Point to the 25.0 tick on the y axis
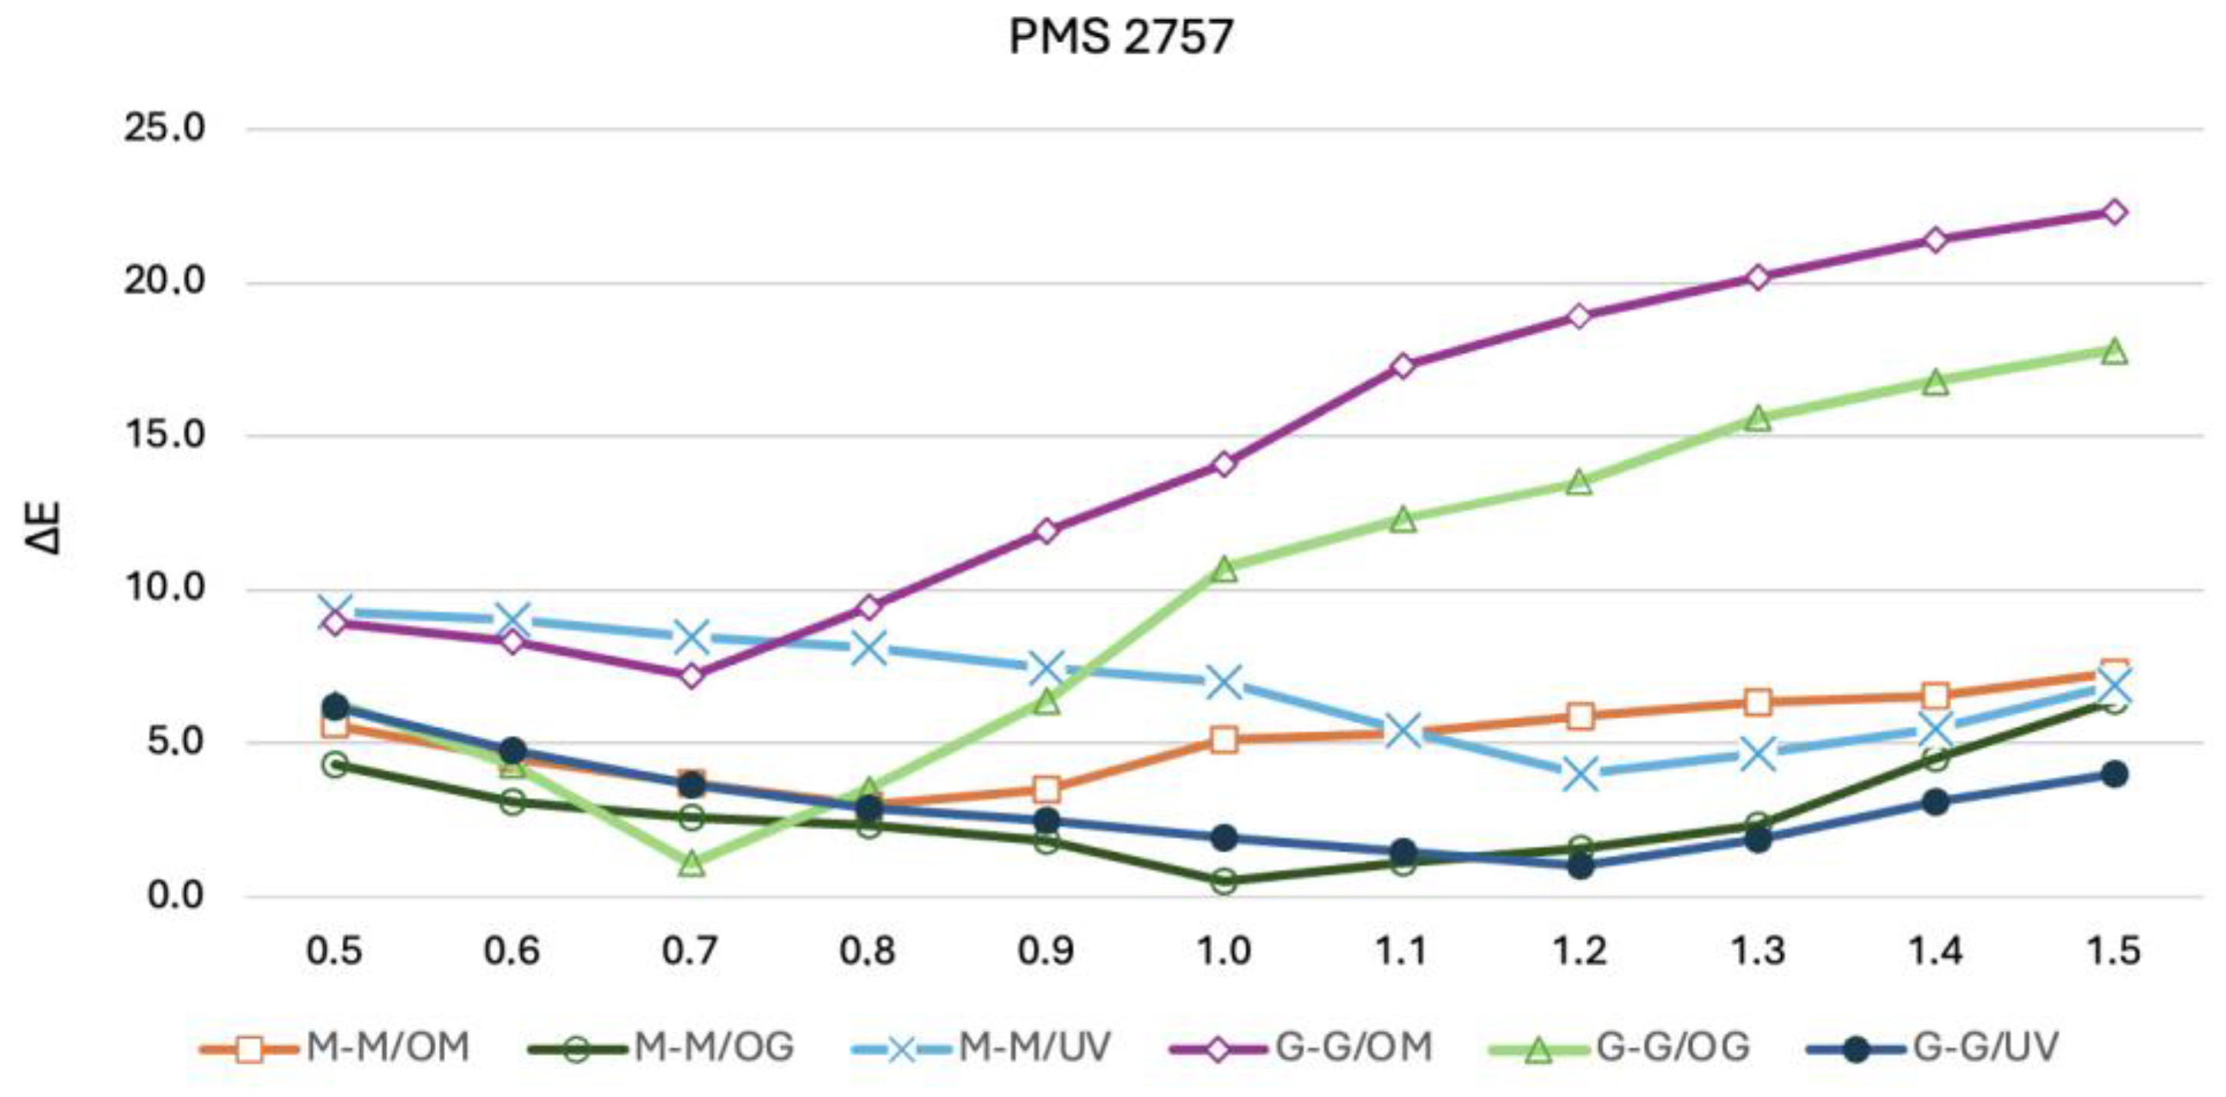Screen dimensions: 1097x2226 pos(165,129)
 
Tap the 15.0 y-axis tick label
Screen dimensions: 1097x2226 pos(165,435)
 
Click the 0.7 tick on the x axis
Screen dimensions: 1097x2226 pos(690,951)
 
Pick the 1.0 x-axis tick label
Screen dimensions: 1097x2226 pos(1224,951)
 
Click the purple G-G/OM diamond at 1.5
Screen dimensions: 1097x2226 pos(2115,212)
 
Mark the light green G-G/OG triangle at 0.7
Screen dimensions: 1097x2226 pos(691,863)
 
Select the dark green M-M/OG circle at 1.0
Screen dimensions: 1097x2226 pos(1224,882)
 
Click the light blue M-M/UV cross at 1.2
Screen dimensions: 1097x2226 pos(1581,774)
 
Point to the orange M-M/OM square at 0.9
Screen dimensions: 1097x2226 pos(1047,789)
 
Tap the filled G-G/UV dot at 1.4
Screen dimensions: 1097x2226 pos(1936,802)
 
